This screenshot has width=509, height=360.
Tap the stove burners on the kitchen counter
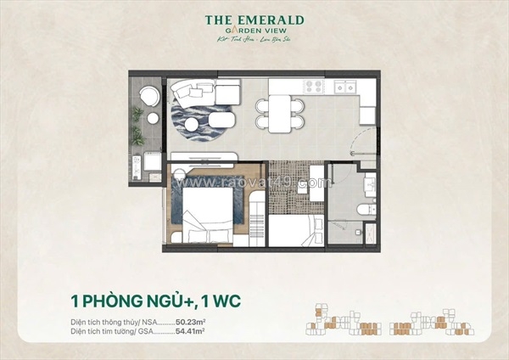coord(313,86)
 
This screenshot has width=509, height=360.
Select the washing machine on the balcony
coord(149,158)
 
